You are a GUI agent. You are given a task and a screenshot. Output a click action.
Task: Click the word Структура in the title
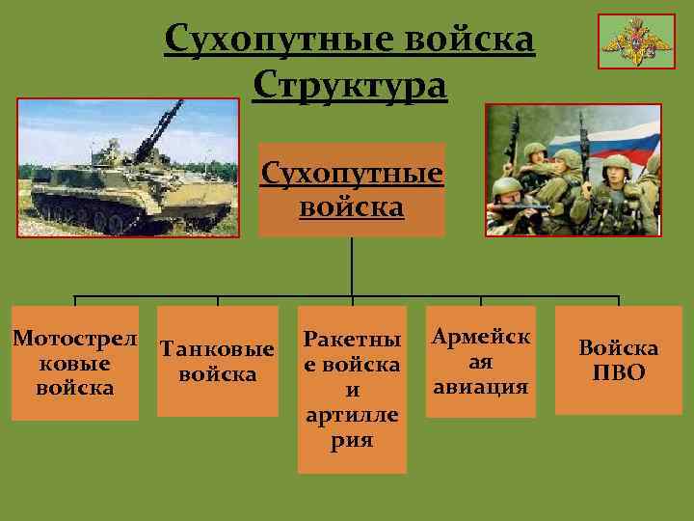click(350, 86)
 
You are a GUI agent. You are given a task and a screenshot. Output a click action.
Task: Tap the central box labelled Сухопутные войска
click(352, 190)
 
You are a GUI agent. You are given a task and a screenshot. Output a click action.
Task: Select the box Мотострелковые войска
click(74, 363)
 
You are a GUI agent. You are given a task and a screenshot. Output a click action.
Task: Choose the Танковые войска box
click(217, 361)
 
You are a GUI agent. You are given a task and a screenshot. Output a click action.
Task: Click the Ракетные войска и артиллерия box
click(352, 390)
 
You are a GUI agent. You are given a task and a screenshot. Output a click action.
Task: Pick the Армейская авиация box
click(481, 362)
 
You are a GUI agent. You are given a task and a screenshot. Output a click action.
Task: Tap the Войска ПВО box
click(618, 360)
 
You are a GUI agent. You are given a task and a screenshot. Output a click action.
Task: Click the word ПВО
click(618, 372)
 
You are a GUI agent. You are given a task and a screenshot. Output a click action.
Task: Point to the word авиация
click(481, 387)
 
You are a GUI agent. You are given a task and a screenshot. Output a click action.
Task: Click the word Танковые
click(217, 348)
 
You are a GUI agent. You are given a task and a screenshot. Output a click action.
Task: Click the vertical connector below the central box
click(352, 266)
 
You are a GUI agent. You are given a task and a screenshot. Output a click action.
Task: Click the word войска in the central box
click(353, 207)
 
